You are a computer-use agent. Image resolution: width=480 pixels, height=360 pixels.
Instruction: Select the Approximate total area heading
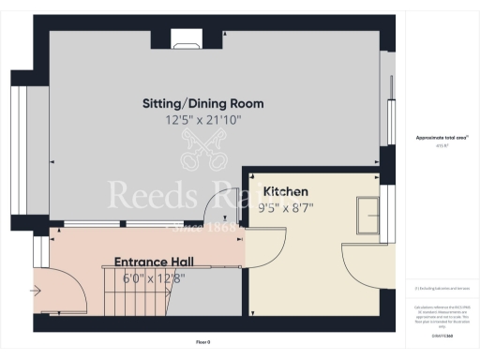tap(435, 138)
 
